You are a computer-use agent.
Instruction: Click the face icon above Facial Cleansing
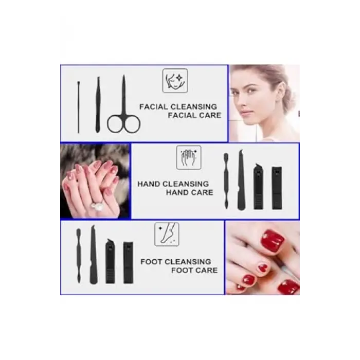[175, 81]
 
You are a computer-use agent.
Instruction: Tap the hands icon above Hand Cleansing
[189, 157]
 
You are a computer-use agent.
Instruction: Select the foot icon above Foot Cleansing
[167, 234]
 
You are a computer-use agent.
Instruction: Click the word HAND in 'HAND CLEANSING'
[149, 184]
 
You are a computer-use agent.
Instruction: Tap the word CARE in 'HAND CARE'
[202, 192]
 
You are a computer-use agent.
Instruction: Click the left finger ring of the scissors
[115, 124]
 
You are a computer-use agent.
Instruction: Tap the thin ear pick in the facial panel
[79, 107]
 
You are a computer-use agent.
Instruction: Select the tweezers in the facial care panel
[98, 105]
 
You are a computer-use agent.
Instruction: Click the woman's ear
[281, 92]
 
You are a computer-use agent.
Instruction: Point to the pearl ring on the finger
[96, 204]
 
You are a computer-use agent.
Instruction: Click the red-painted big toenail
[273, 241]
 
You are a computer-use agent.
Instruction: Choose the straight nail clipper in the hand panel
[277, 188]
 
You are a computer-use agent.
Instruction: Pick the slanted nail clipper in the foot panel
[110, 261]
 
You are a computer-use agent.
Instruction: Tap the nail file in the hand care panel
[241, 180]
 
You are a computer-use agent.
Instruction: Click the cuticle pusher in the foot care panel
[79, 256]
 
